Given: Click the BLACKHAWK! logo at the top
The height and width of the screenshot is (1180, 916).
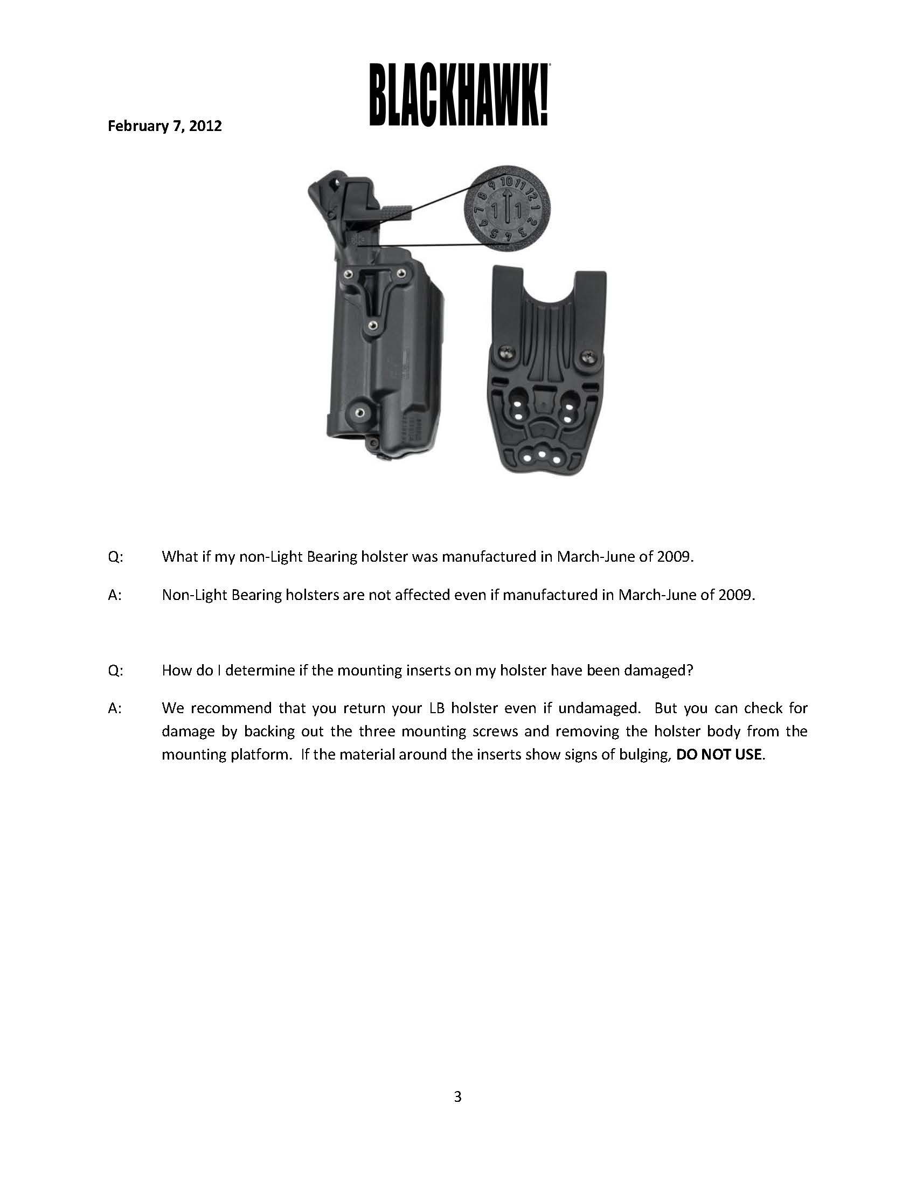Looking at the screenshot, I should point(459,95).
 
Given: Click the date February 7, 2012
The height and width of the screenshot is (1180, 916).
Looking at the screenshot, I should point(165,126).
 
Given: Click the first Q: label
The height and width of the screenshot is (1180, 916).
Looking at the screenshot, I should point(116,557).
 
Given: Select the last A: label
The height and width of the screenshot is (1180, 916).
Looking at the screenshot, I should point(115,708).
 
